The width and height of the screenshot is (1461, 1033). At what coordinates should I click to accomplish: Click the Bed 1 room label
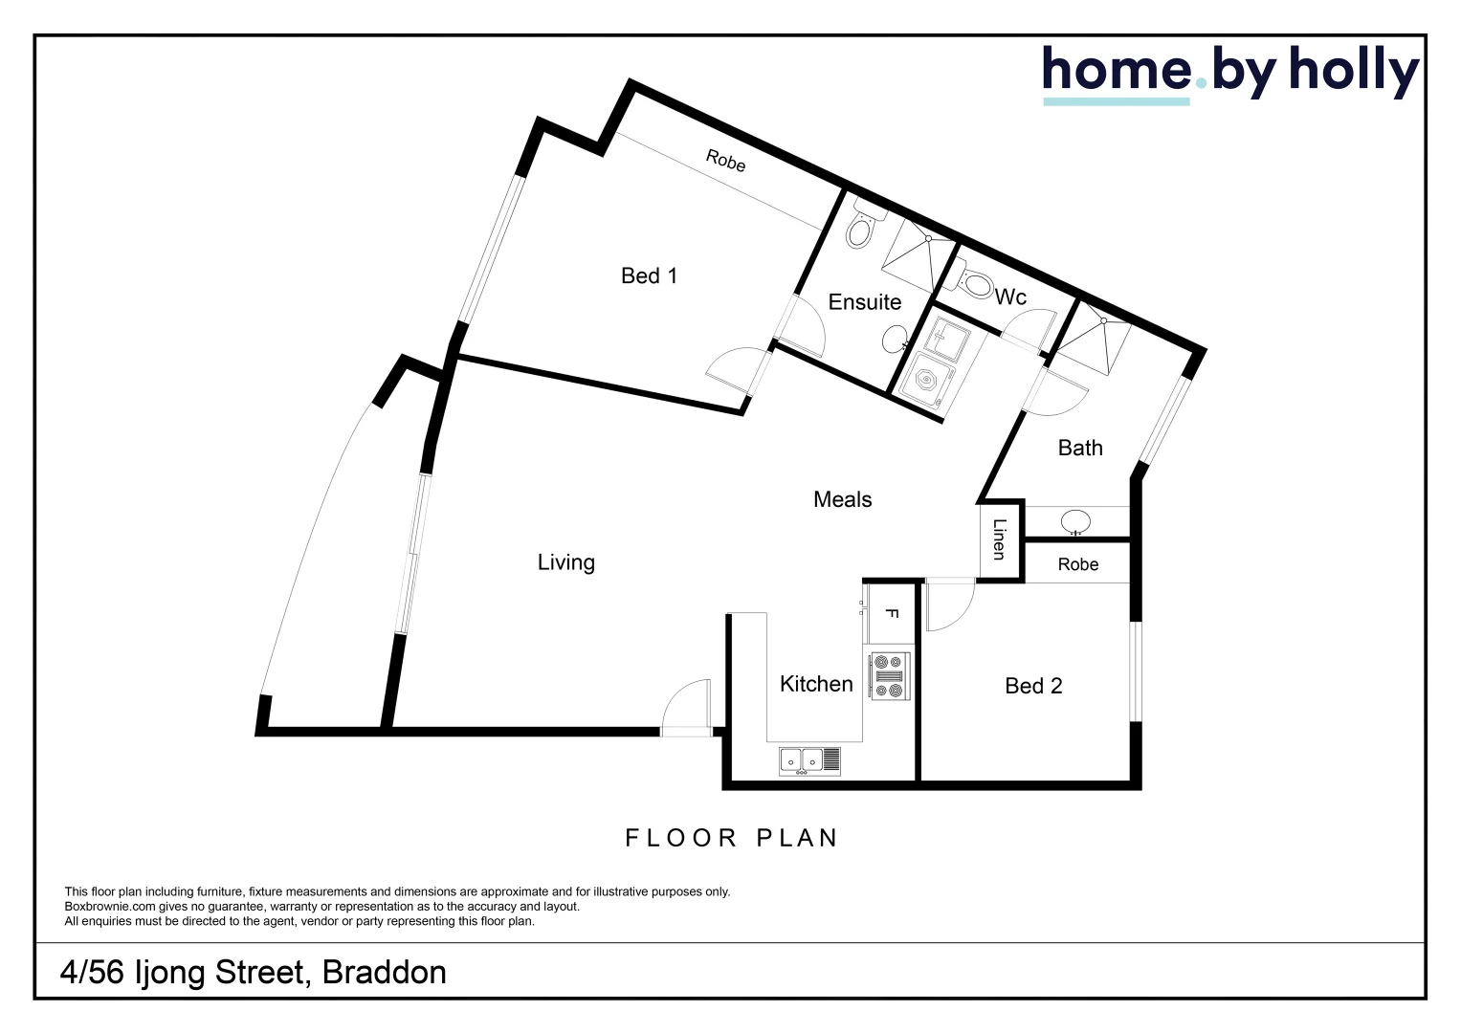click(x=649, y=276)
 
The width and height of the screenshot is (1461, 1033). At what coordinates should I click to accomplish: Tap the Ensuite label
click(x=864, y=302)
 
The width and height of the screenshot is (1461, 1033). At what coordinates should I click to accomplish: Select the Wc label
click(x=1010, y=297)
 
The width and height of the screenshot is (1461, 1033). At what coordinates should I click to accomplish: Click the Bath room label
click(x=1079, y=449)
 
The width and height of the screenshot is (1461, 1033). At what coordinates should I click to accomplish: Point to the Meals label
click(x=842, y=499)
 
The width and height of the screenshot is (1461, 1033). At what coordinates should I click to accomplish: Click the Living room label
click(x=565, y=562)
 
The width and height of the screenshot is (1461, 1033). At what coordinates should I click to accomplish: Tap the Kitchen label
click(x=815, y=684)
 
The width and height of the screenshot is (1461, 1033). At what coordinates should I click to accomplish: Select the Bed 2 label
click(x=1033, y=686)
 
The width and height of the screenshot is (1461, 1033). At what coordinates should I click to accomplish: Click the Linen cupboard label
click(x=999, y=539)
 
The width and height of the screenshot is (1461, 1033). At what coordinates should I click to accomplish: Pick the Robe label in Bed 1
click(x=725, y=161)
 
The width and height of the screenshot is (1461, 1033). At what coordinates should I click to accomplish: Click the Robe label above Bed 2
click(x=1077, y=565)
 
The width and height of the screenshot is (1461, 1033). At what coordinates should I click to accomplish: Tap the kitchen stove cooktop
click(x=888, y=675)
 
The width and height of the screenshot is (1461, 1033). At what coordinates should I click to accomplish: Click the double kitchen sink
click(x=809, y=760)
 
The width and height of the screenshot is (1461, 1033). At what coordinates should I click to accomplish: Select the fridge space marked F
click(x=891, y=613)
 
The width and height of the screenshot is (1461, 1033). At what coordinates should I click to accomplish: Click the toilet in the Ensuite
click(x=860, y=230)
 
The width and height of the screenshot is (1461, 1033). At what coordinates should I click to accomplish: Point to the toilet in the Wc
click(x=976, y=283)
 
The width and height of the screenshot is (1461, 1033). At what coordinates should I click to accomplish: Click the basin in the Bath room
click(x=1075, y=522)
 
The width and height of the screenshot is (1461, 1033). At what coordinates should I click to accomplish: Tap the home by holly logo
click(x=1229, y=73)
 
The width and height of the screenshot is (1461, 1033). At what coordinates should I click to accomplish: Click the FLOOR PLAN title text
click(x=732, y=839)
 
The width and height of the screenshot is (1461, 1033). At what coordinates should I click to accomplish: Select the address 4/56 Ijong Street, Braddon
click(x=254, y=973)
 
